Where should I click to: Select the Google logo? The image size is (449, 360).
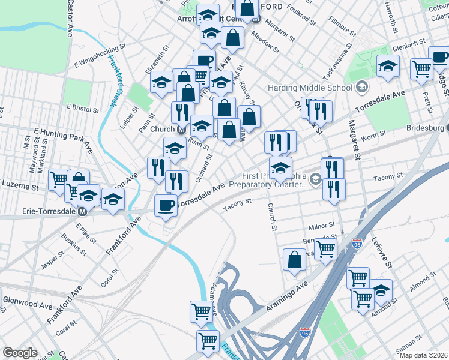(20, 353)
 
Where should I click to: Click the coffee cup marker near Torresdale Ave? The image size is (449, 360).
(166, 206)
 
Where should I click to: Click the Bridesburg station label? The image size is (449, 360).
(424, 128)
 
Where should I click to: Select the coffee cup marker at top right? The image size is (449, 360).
(439, 58)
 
